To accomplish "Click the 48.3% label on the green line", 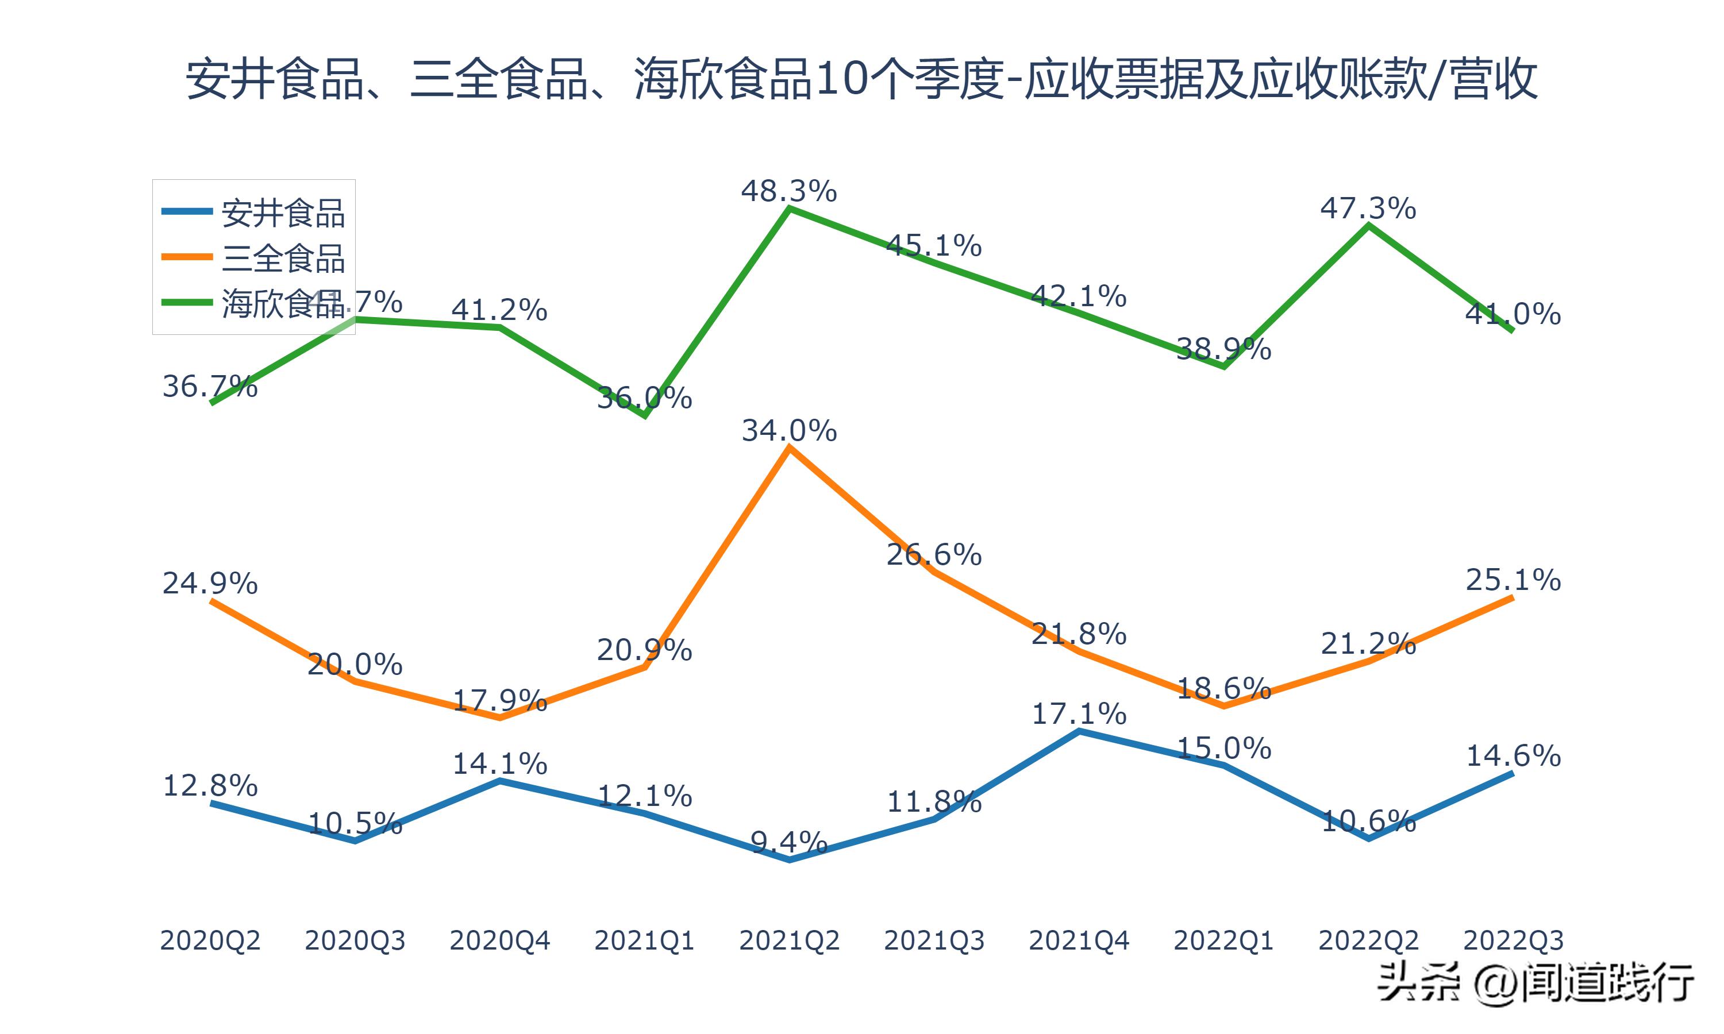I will coord(789,191).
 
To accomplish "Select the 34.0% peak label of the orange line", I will coord(789,431).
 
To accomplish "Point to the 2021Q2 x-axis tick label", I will coord(789,940).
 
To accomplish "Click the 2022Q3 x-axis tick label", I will coord(1513,940).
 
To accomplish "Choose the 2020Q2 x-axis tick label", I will coord(210,940).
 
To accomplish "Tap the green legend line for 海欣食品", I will coord(187,302).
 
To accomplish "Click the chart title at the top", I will coord(861,79).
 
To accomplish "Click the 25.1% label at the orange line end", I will coord(1513,580).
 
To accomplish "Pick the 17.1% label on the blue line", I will coord(1079,714).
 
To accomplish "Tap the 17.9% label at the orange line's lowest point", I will coord(499,700).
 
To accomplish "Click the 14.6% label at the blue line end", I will coord(1513,756).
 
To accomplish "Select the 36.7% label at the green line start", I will coord(210,386).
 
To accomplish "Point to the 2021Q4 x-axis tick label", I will coord(1079,940).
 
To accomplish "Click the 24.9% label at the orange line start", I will coord(210,582).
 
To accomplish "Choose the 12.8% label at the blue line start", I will coord(210,786).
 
